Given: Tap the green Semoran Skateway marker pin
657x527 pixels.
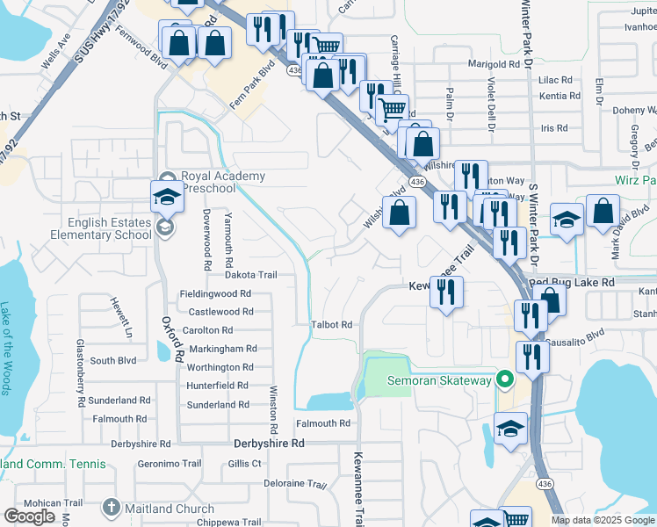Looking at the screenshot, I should tap(504, 379).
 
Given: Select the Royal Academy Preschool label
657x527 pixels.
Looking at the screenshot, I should tap(223, 182).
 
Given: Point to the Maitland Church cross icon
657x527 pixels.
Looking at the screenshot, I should tap(111, 508).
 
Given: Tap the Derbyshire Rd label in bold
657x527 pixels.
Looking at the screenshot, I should tap(269, 444).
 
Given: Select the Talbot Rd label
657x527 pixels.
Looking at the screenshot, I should tap(331, 324).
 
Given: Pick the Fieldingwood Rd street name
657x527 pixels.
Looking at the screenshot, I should tap(215, 294).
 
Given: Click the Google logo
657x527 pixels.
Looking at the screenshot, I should tap(29, 516).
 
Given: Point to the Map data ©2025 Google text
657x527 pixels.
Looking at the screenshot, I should tap(603, 520).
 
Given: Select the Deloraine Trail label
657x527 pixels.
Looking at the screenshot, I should tap(295, 484).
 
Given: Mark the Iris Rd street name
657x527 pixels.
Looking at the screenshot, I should tap(554, 127).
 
